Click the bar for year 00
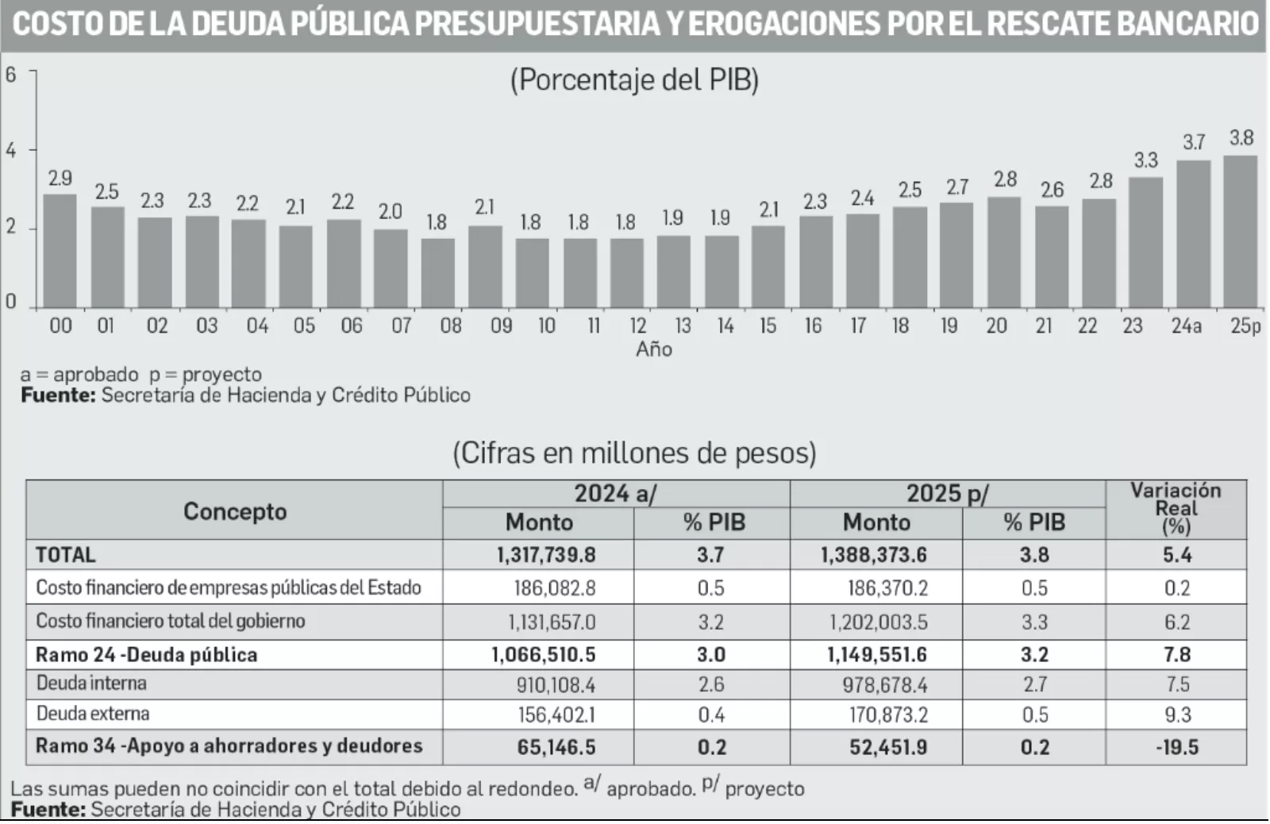60,251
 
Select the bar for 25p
1240,232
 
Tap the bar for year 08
437,272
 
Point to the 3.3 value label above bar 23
1145,160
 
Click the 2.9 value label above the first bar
60,178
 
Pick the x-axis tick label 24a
1187,325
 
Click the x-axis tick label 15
768,325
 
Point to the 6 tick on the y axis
10,75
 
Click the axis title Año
653,349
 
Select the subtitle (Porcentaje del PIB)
634,80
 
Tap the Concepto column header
234,510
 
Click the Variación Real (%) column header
1176,508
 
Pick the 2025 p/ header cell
947,493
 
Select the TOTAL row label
65,554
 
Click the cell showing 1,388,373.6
874,554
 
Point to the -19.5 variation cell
1176,747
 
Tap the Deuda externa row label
93,713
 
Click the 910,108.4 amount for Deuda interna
556,684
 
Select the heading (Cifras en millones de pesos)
634,452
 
